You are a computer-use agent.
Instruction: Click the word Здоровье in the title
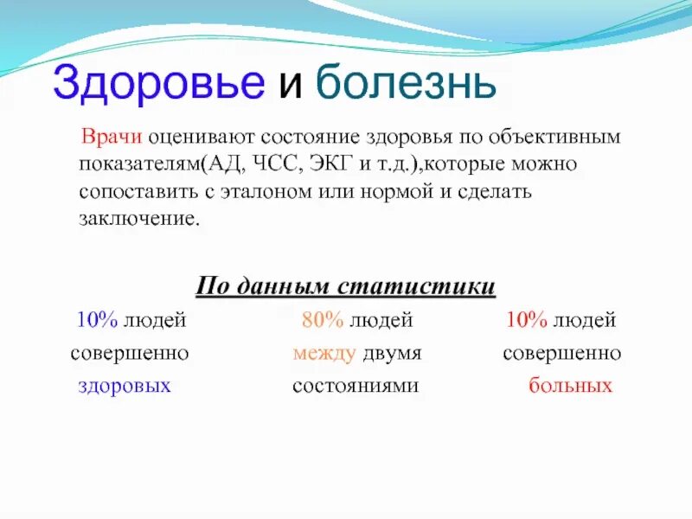[158, 84]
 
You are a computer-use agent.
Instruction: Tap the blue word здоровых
[125, 386]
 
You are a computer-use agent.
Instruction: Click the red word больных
[570, 386]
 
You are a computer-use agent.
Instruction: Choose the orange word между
[324, 354]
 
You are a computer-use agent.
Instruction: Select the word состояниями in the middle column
[356, 386]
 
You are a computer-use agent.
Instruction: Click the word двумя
[392, 354]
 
